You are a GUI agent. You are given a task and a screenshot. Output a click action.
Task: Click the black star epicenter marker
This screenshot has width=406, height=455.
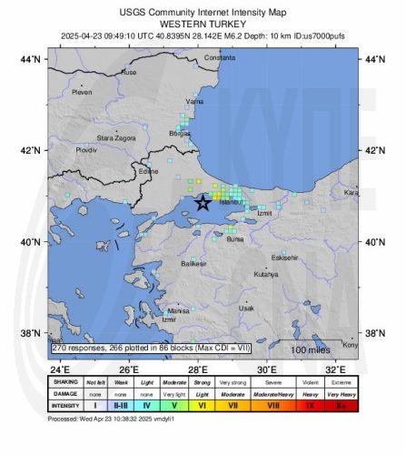point(203,203)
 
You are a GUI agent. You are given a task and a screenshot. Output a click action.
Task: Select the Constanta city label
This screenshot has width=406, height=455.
point(219,57)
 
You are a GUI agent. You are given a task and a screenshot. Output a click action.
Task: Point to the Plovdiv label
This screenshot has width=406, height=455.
point(86,148)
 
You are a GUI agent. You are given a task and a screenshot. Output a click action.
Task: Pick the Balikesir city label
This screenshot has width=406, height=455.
point(193,263)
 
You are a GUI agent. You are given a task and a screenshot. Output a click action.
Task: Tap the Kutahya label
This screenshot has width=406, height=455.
point(266,273)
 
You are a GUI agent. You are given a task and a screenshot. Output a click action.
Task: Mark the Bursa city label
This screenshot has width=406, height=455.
point(235,239)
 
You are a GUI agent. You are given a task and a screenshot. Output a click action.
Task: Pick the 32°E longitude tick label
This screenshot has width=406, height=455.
point(334,370)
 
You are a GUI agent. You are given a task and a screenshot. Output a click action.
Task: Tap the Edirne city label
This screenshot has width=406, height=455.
point(147,170)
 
